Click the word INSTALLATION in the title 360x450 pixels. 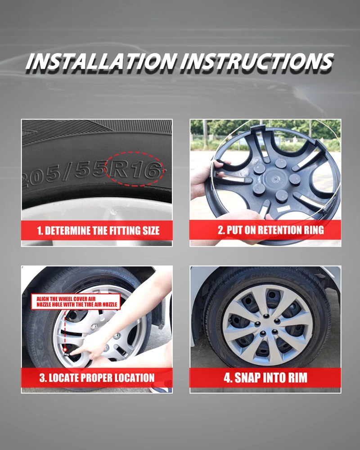coord(101,61)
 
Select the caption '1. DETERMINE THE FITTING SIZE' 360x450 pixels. coord(98,231)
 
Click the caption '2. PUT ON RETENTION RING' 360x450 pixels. coord(271,230)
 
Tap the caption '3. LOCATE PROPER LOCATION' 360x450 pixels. coord(97,378)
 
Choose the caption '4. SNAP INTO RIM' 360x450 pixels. coord(265,378)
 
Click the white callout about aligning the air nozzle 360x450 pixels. coord(76,301)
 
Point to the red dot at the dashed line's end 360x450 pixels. coord(65,350)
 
